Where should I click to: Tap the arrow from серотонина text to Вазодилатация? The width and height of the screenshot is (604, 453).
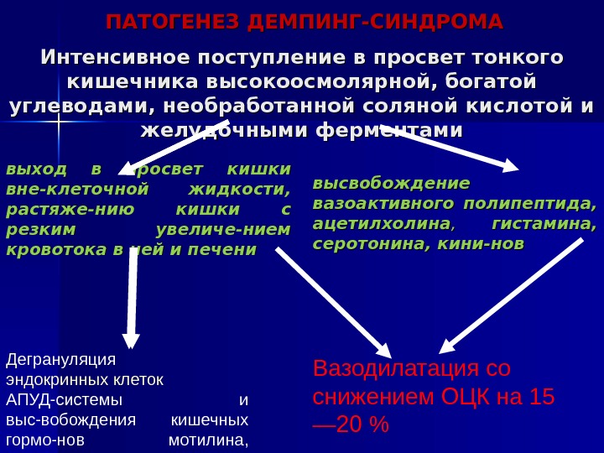[512, 294]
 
